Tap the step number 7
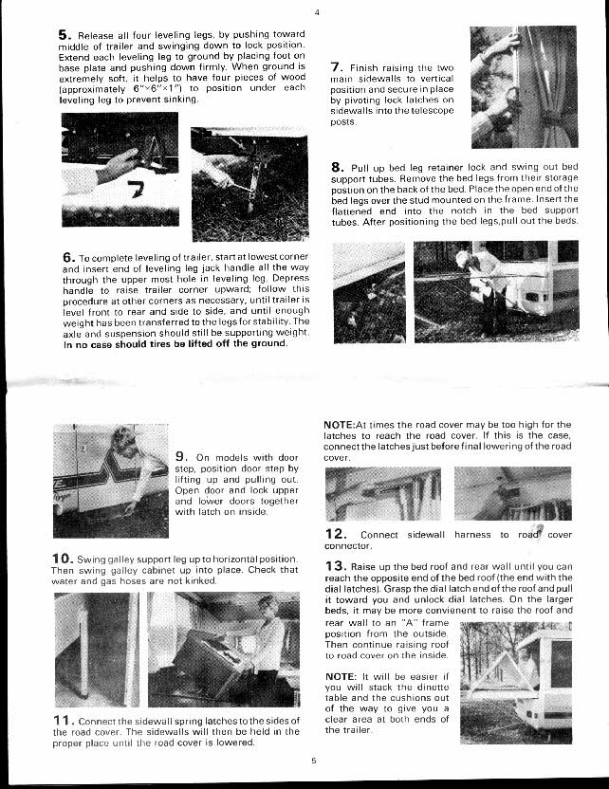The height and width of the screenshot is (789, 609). tap(337, 67)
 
